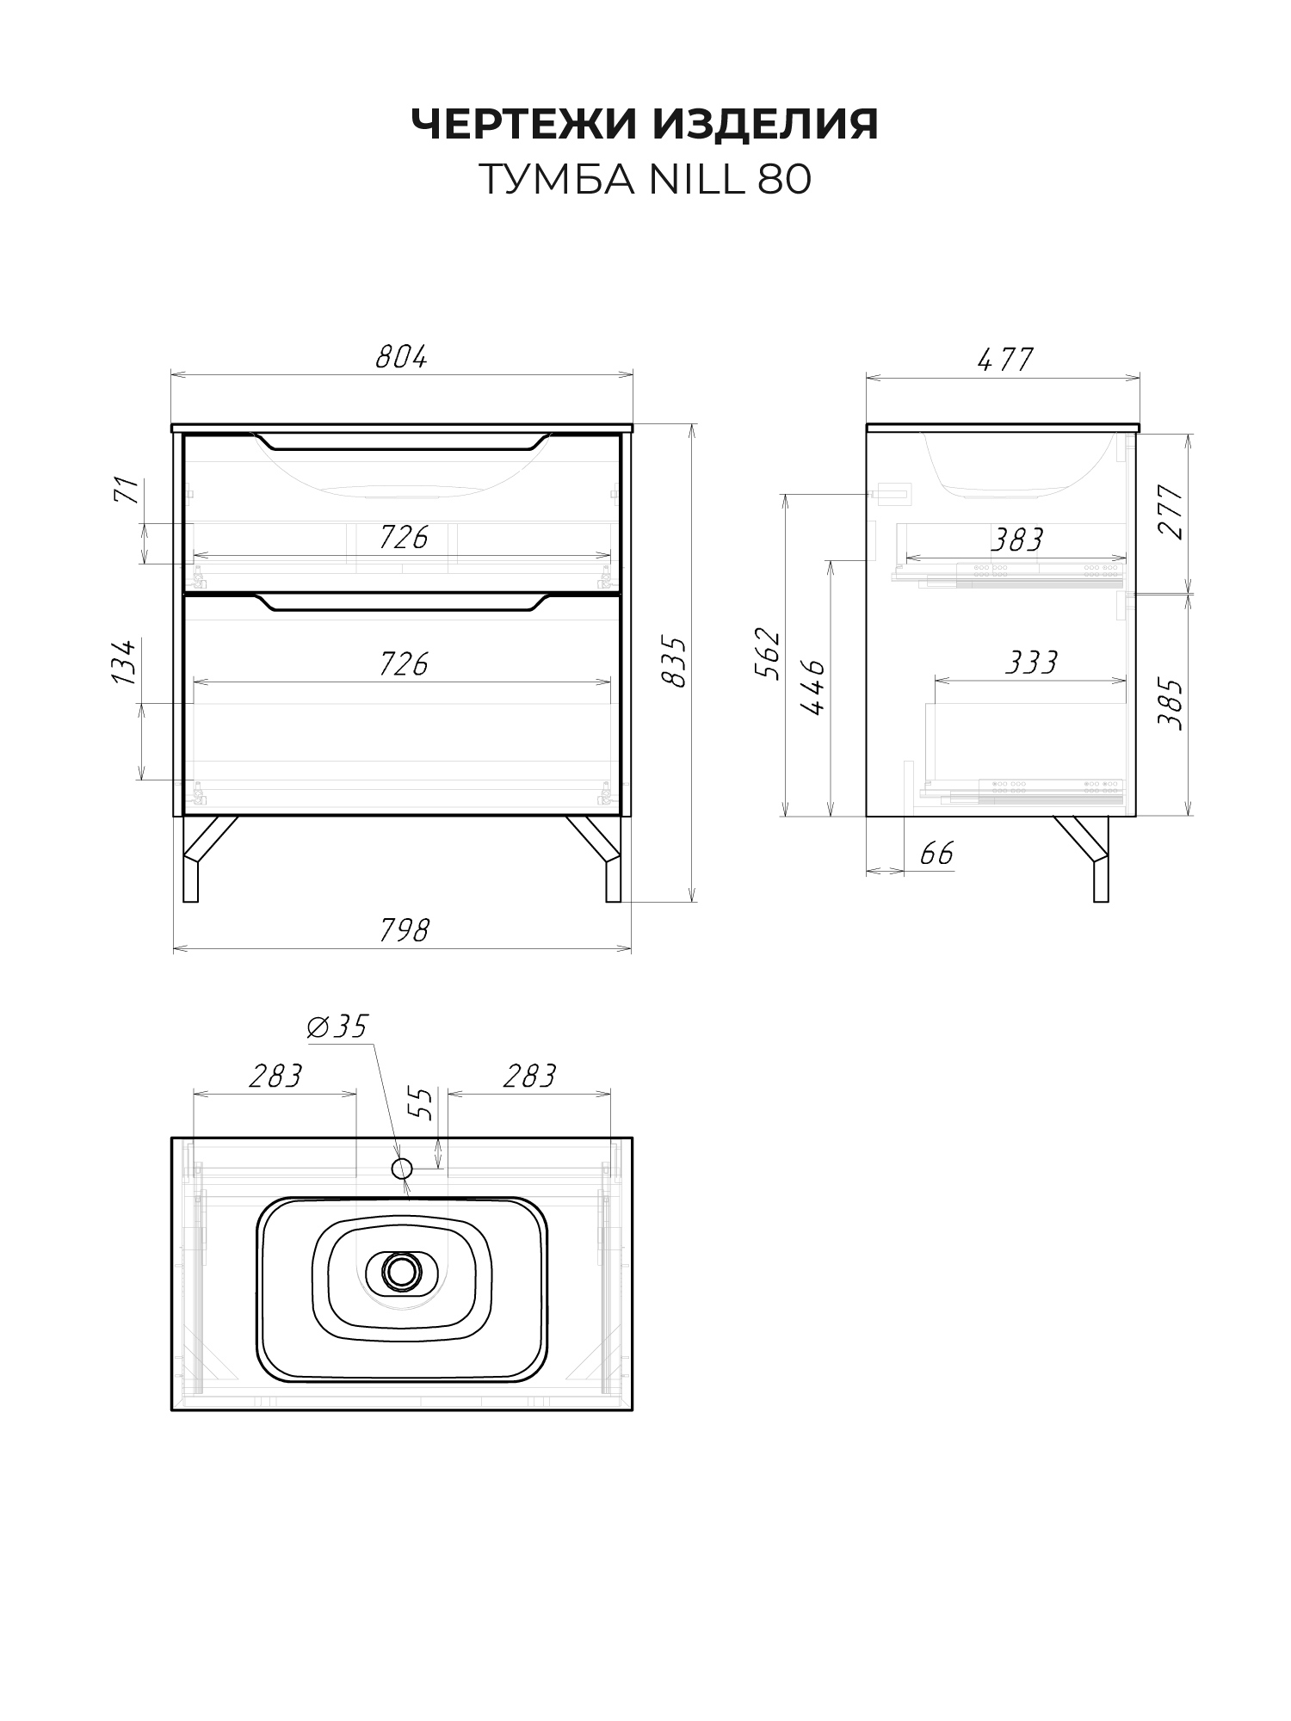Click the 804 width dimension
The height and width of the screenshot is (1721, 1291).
coord(401,357)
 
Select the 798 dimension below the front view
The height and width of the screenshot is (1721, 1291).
coord(404,930)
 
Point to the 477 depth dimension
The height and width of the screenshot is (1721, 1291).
coord(1005,359)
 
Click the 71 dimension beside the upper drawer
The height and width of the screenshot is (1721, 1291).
coord(127,490)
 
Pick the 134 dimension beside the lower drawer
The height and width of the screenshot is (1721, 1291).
coord(124,662)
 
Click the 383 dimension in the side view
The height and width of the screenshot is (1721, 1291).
coord(1016,540)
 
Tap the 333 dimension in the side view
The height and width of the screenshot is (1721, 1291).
coord(1031,663)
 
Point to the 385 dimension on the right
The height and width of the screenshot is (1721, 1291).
coord(1171,705)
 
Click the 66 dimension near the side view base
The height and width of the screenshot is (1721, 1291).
coord(937,854)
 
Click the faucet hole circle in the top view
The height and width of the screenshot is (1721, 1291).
coord(402,1168)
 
